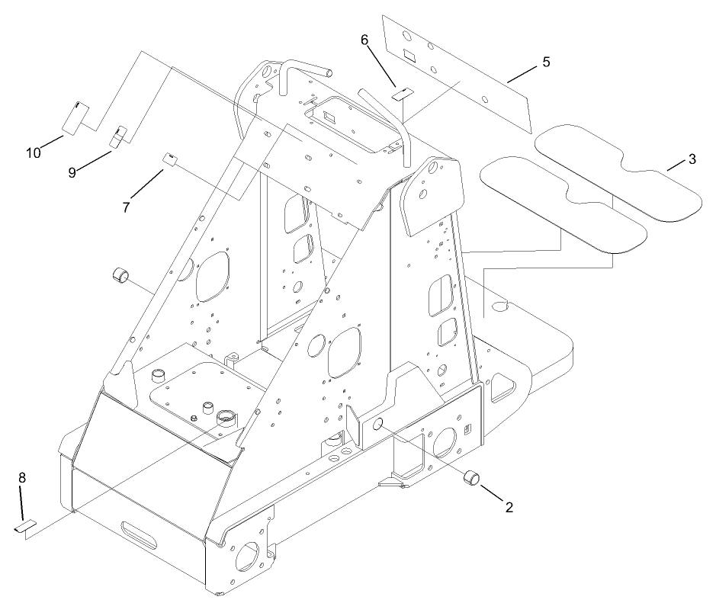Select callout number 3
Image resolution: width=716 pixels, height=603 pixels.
click(x=692, y=159)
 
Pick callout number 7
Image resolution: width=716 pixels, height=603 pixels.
click(x=126, y=206)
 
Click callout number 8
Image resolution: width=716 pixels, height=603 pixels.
click(x=22, y=477)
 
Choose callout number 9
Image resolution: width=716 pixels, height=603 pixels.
click(x=72, y=173)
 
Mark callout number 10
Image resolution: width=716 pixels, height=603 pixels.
click(x=33, y=152)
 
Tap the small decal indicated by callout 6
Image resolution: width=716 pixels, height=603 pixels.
click(x=402, y=95)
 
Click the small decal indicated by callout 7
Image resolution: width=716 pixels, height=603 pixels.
click(x=171, y=159)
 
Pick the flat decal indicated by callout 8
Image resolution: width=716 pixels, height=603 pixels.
click(x=24, y=527)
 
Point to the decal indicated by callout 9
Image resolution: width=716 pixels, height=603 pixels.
click(x=119, y=136)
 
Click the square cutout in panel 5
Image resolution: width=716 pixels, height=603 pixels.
click(x=409, y=55)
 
